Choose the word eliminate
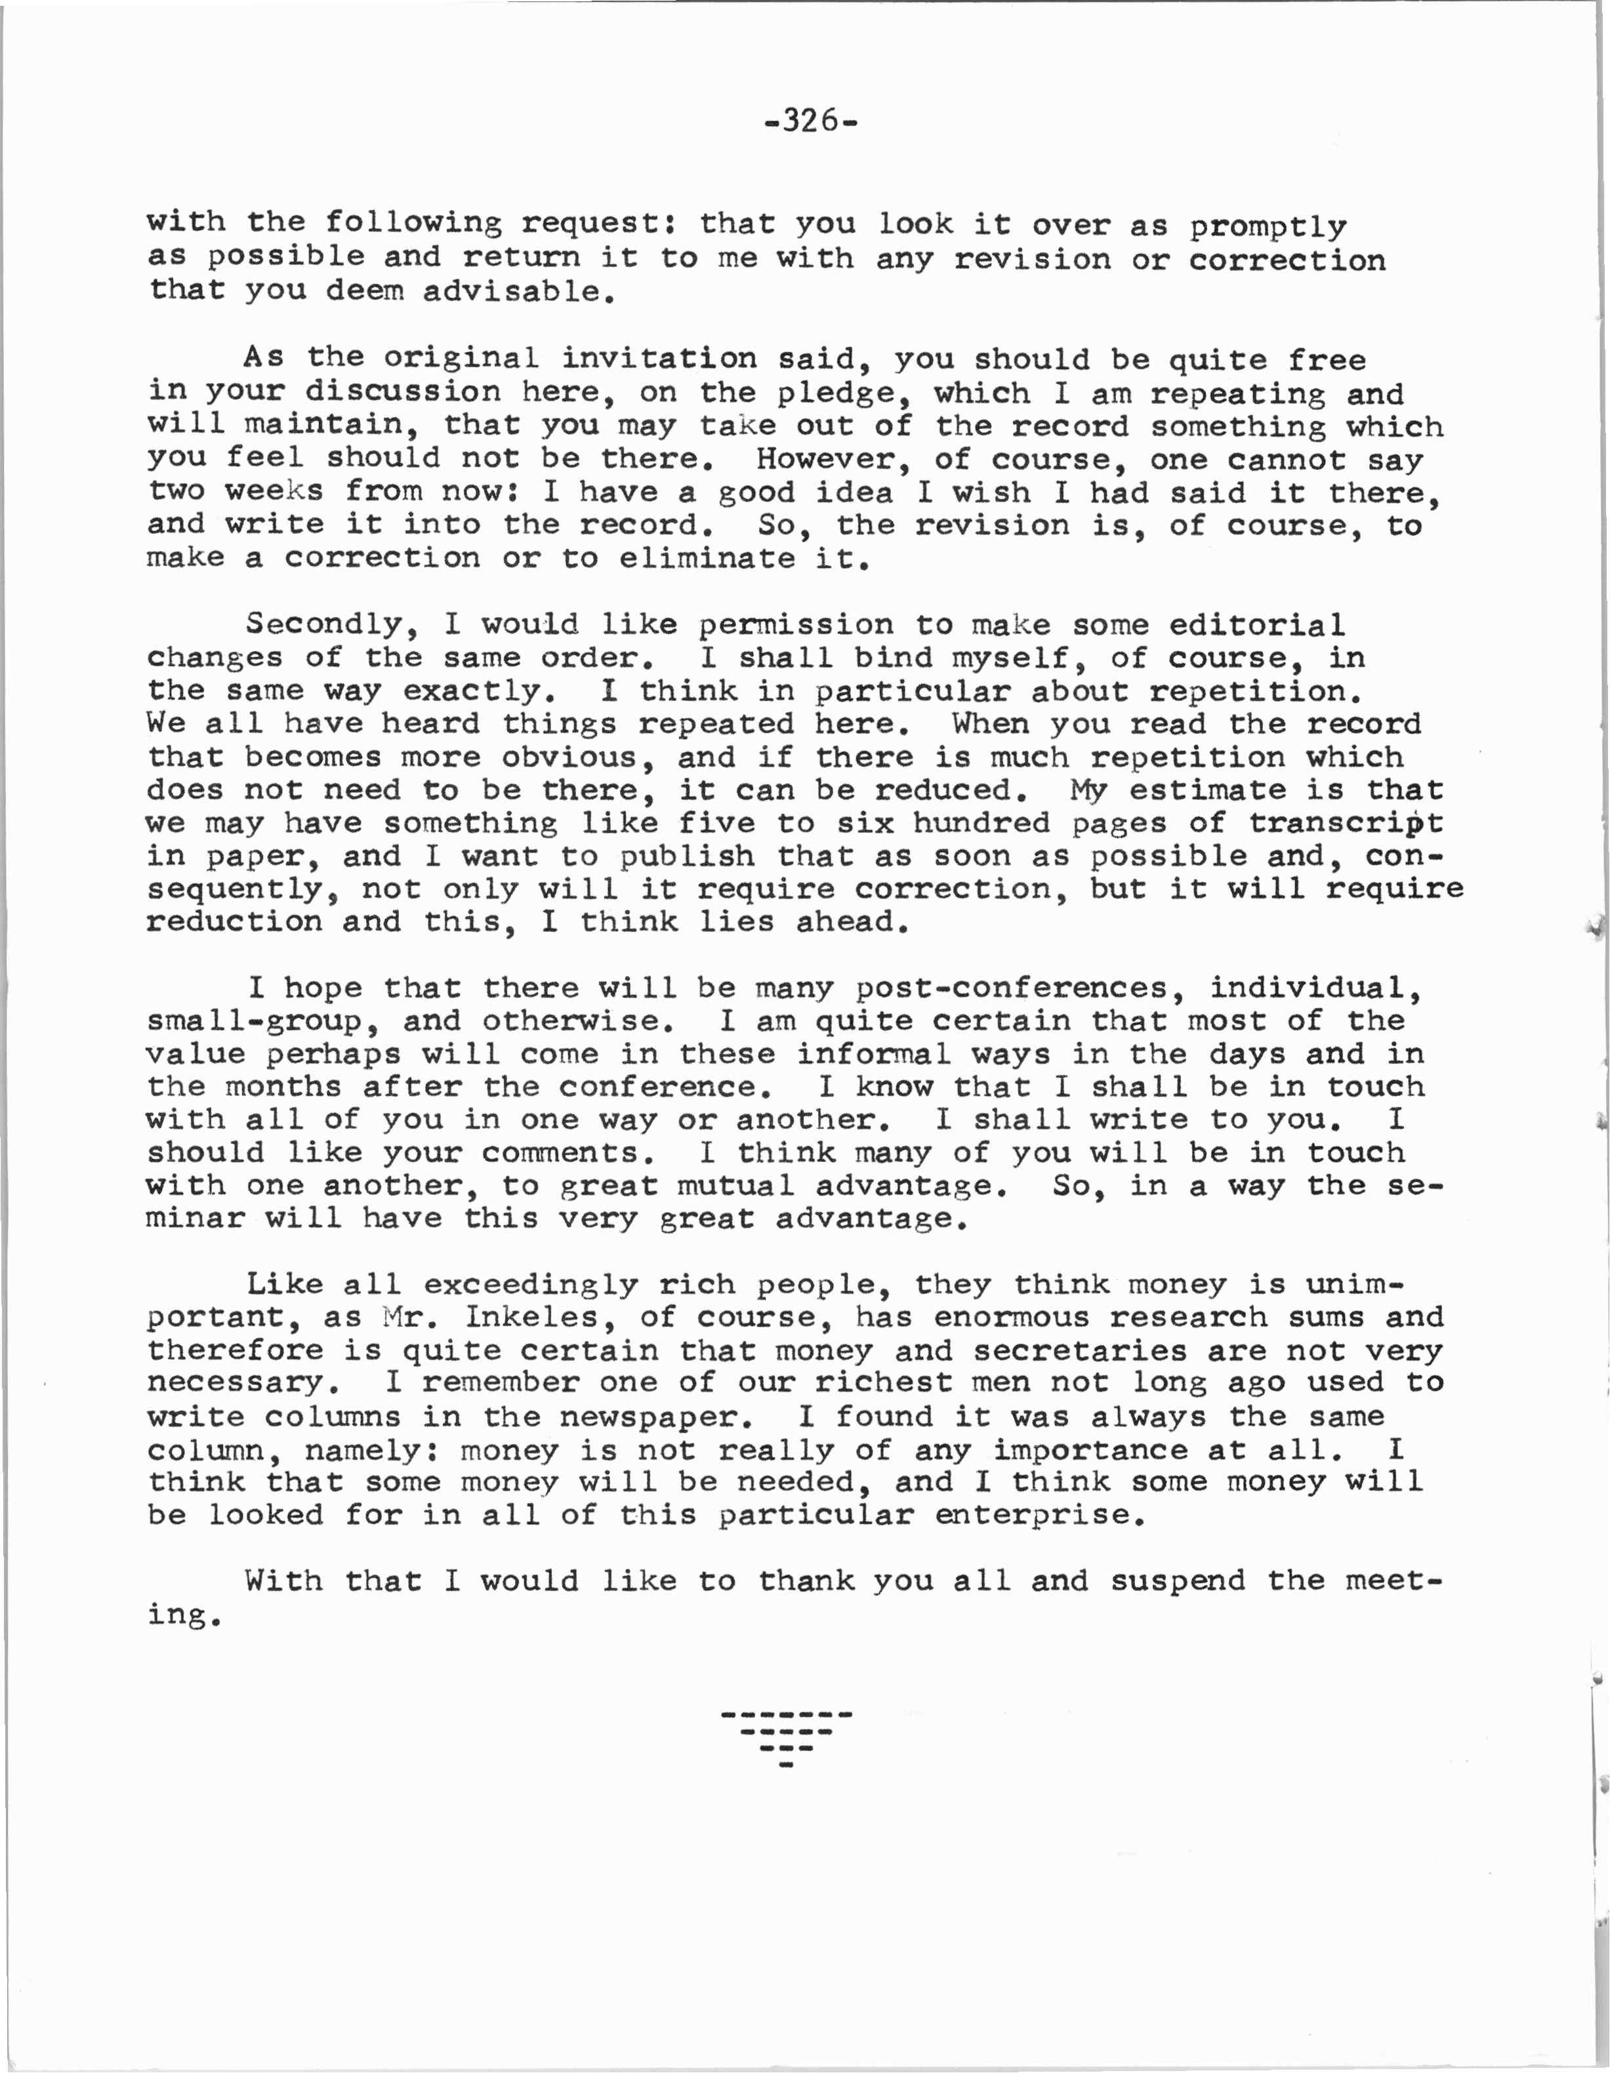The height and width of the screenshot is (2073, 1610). click(707, 558)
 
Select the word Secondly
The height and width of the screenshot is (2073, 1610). click(332, 624)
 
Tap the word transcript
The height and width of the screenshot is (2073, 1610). click(1346, 823)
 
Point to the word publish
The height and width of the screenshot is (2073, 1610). click(688, 856)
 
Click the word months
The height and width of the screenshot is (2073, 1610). click(283, 1087)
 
